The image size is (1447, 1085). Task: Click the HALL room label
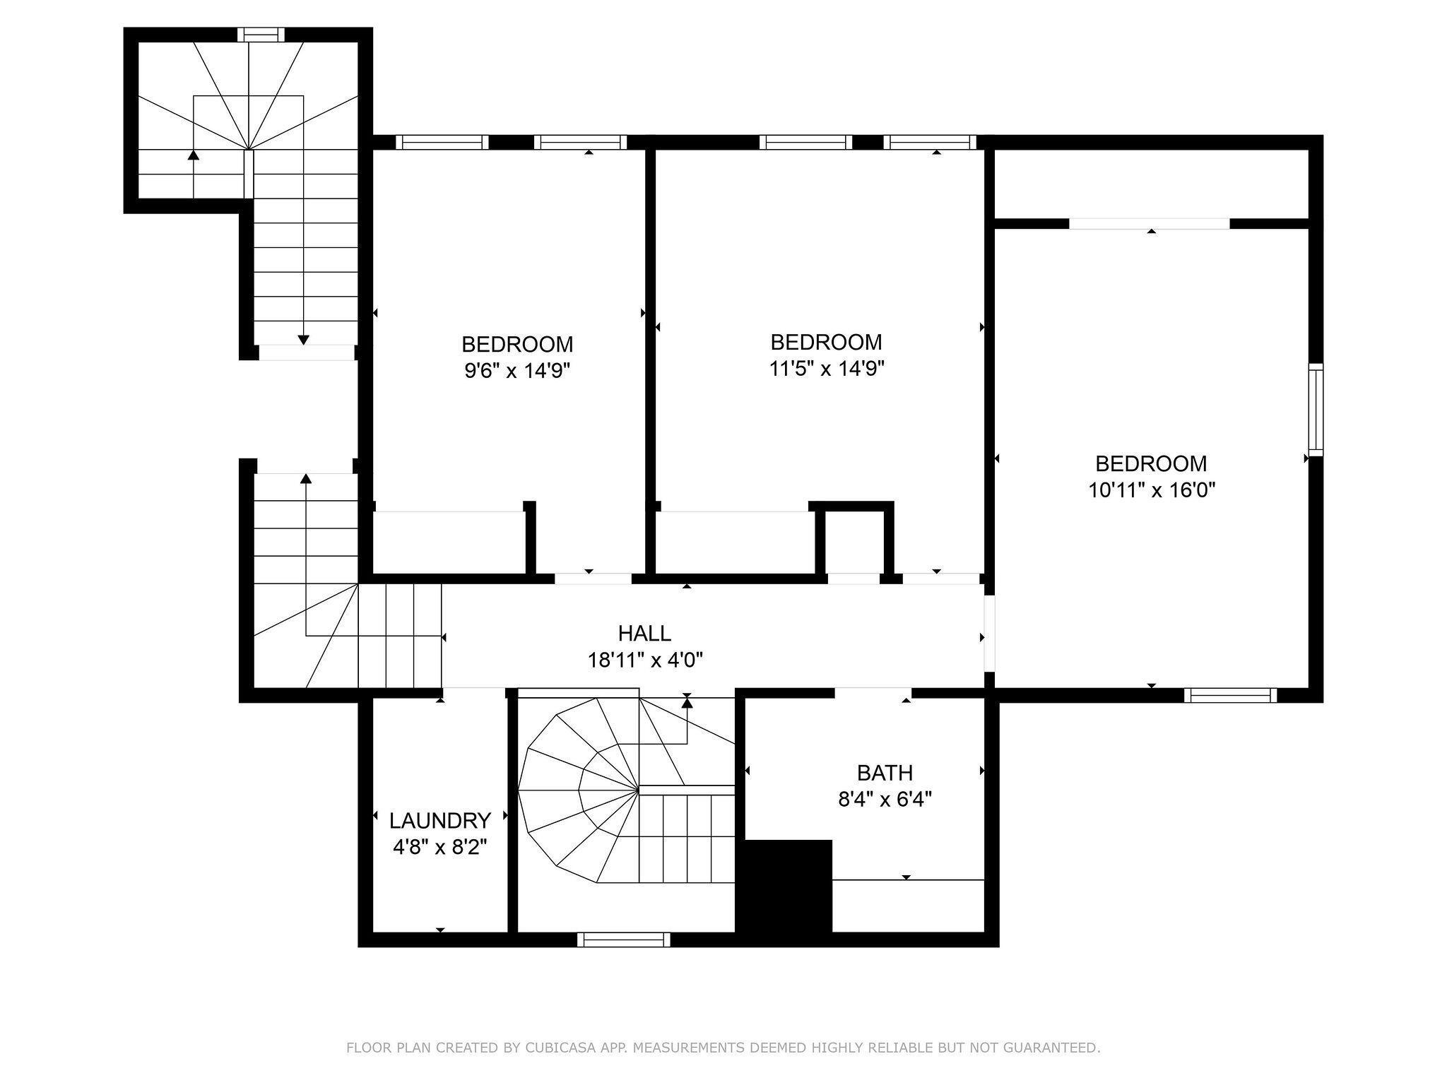pos(644,633)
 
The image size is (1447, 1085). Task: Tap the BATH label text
pos(885,773)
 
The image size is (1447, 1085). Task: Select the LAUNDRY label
pos(440,820)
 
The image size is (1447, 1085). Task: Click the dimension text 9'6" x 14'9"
pos(516,371)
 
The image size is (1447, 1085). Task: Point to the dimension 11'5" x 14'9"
pos(827,368)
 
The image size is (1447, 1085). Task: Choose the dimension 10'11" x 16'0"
pos(1152,490)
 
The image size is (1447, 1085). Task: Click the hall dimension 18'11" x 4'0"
pos(645,660)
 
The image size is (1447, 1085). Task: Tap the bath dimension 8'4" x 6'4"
pos(885,800)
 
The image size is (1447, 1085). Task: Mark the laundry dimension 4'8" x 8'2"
pos(439,846)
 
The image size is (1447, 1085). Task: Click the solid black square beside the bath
pos(784,886)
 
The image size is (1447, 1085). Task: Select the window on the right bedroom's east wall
pos(1316,410)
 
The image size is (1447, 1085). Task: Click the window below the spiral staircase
pos(623,939)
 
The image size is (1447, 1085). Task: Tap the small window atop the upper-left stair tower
pos(261,35)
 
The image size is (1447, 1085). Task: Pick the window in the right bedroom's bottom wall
pos(1230,695)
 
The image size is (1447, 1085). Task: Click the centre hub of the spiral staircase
pos(639,789)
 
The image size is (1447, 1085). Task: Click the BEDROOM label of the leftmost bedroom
pos(517,345)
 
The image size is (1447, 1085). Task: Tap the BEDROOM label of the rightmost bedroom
pos(1151,463)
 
